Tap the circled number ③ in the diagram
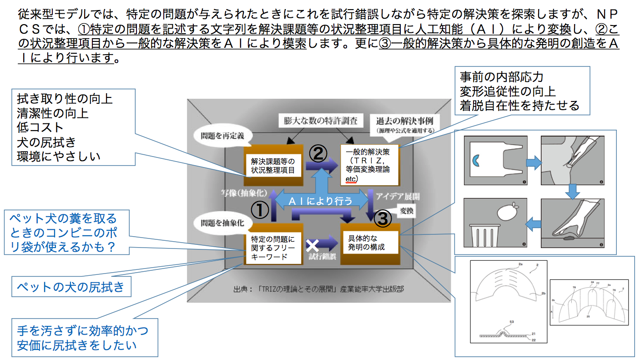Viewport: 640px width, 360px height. (383, 219)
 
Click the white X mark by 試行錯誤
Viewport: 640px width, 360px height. (312, 246)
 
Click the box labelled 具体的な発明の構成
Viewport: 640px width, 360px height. (369, 243)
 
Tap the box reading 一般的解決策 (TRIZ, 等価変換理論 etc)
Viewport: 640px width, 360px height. (369, 165)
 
